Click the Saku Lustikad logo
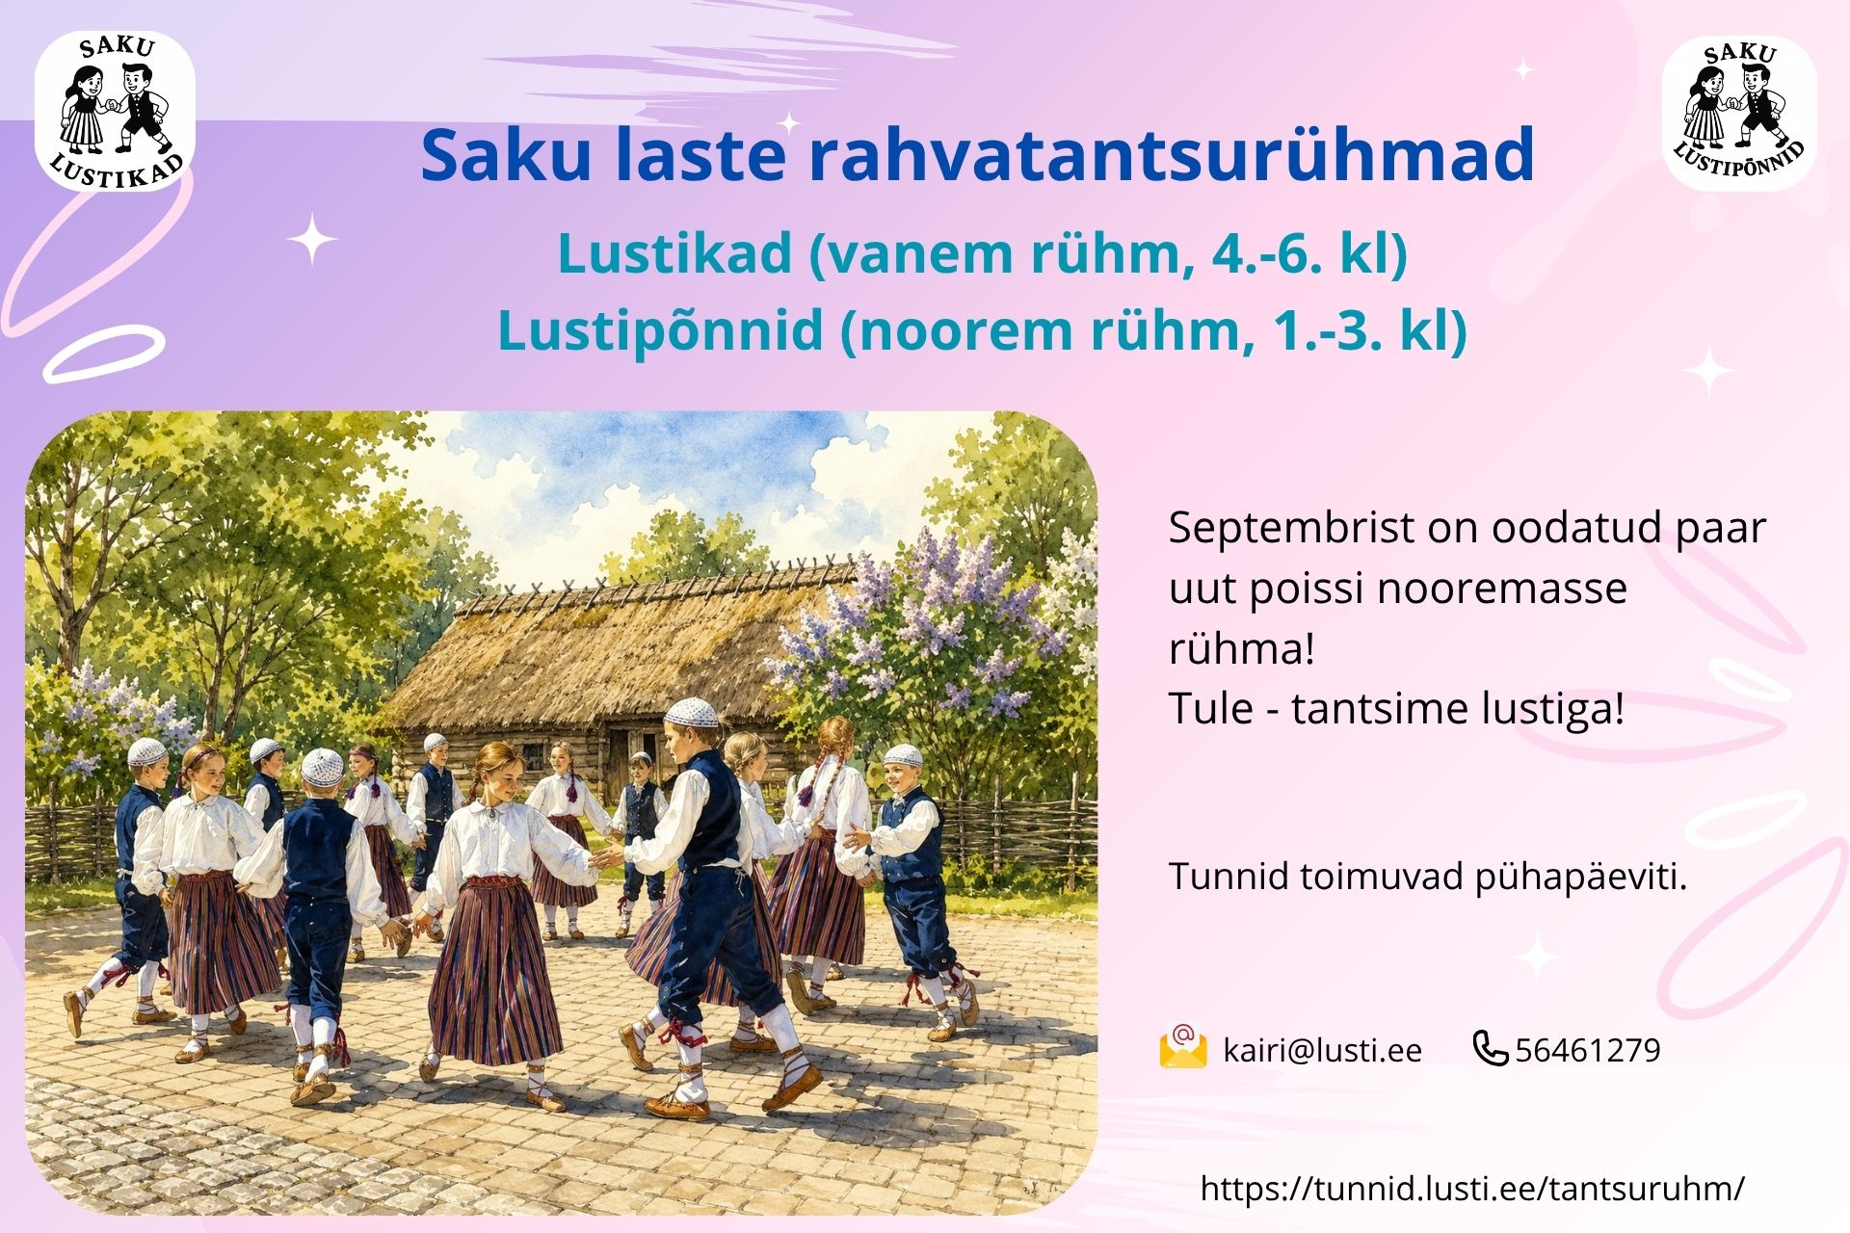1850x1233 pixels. pyautogui.click(x=115, y=111)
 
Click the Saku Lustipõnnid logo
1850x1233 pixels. pyautogui.click(x=1739, y=114)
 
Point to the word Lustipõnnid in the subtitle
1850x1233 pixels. pyautogui.click(x=660, y=330)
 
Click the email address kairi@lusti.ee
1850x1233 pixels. pyautogui.click(x=1322, y=1050)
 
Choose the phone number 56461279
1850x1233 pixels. pyautogui.click(x=1588, y=1050)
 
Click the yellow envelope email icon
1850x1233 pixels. pyautogui.click(x=1183, y=1047)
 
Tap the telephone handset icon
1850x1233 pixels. pyautogui.click(x=1491, y=1048)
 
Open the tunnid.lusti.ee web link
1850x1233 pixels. pyautogui.click(x=1472, y=1189)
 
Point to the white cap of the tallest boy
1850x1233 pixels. pyautogui.click(x=692, y=713)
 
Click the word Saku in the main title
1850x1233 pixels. pyautogui.click(x=506, y=154)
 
